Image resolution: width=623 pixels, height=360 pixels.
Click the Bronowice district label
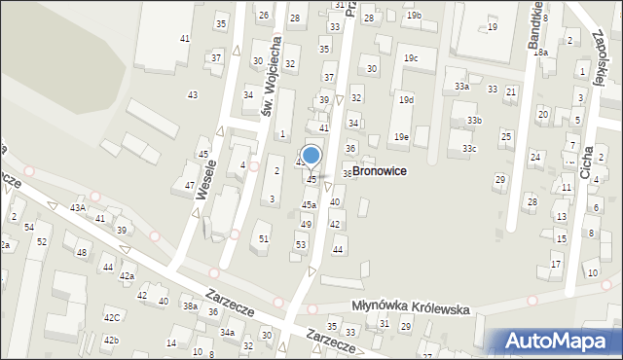coord(379,170)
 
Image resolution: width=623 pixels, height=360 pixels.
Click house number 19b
coord(415,16)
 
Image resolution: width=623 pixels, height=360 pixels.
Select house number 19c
coord(412,58)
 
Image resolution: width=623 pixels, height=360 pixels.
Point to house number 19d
coord(406,100)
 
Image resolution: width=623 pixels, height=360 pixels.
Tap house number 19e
coord(401,137)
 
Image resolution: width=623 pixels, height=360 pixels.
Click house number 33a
coord(461,87)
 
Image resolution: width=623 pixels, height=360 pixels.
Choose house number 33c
coord(469,148)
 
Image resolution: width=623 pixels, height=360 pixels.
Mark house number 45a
coord(309,205)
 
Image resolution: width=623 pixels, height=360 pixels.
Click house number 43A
coord(78,207)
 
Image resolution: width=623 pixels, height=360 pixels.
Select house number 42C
coord(112,317)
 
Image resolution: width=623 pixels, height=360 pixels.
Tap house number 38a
coord(191,306)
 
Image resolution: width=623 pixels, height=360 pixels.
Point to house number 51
coord(263,238)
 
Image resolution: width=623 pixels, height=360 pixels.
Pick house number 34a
coord(227,333)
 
